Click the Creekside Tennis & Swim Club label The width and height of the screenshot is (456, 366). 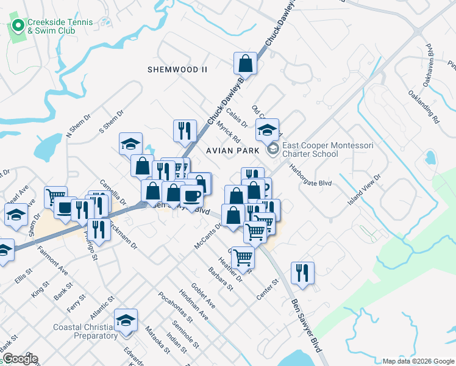click(x=60, y=26)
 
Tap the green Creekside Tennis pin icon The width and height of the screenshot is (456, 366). click(x=18, y=26)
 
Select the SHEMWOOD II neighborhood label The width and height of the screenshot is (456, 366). click(x=177, y=70)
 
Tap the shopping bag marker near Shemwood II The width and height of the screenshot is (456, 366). click(x=245, y=63)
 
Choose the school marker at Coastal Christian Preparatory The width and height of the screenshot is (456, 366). click(x=126, y=320)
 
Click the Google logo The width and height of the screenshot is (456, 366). click(x=20, y=359)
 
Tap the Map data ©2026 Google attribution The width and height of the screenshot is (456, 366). click(x=418, y=361)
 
